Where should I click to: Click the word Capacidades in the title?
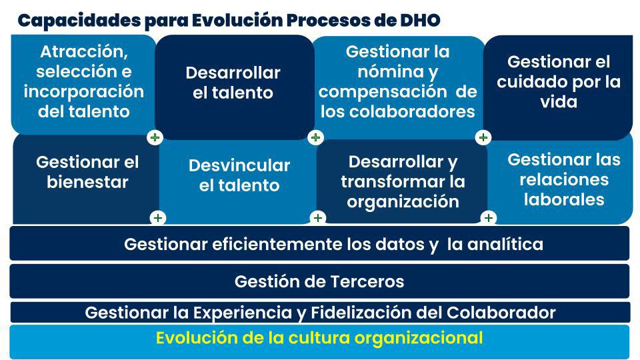pos(79,21)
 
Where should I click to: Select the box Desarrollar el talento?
pos(234,87)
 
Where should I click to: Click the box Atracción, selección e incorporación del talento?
pos(83,85)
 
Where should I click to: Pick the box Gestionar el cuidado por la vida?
pos(558,87)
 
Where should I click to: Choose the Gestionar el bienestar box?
pos(87,179)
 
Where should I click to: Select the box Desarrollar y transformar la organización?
pos(402,181)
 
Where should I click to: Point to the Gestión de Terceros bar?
pos(319,281)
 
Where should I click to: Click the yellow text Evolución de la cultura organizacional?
pos(319,338)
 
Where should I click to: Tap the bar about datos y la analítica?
pos(319,244)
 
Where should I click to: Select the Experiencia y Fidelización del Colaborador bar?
pos(321,312)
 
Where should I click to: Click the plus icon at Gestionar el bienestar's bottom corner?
pos(158,218)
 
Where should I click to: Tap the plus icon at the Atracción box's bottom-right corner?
pos(155,137)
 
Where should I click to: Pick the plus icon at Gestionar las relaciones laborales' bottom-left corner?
pos(489,218)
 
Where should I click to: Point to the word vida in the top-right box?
pos(559,101)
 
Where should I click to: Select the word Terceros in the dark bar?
pos(367,281)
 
